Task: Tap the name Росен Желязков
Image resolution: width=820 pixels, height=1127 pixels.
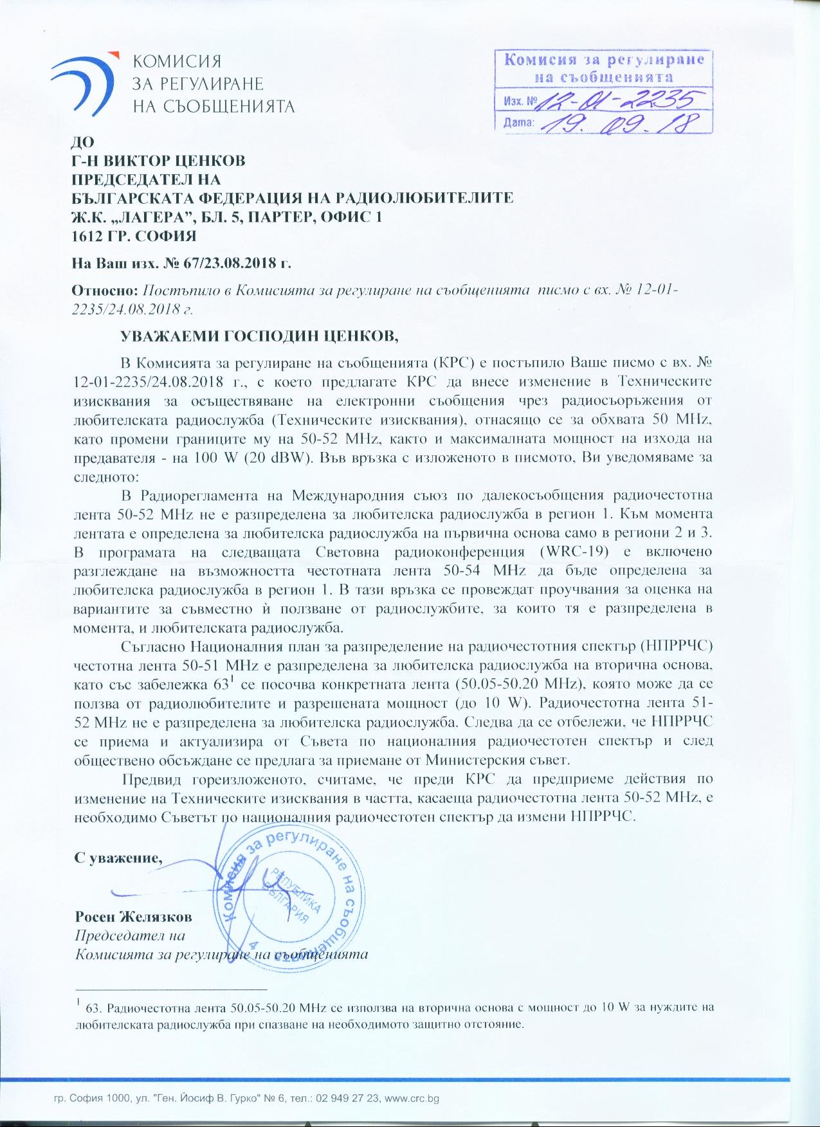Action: [133, 916]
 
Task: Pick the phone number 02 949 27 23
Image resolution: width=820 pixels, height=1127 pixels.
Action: [347, 1099]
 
